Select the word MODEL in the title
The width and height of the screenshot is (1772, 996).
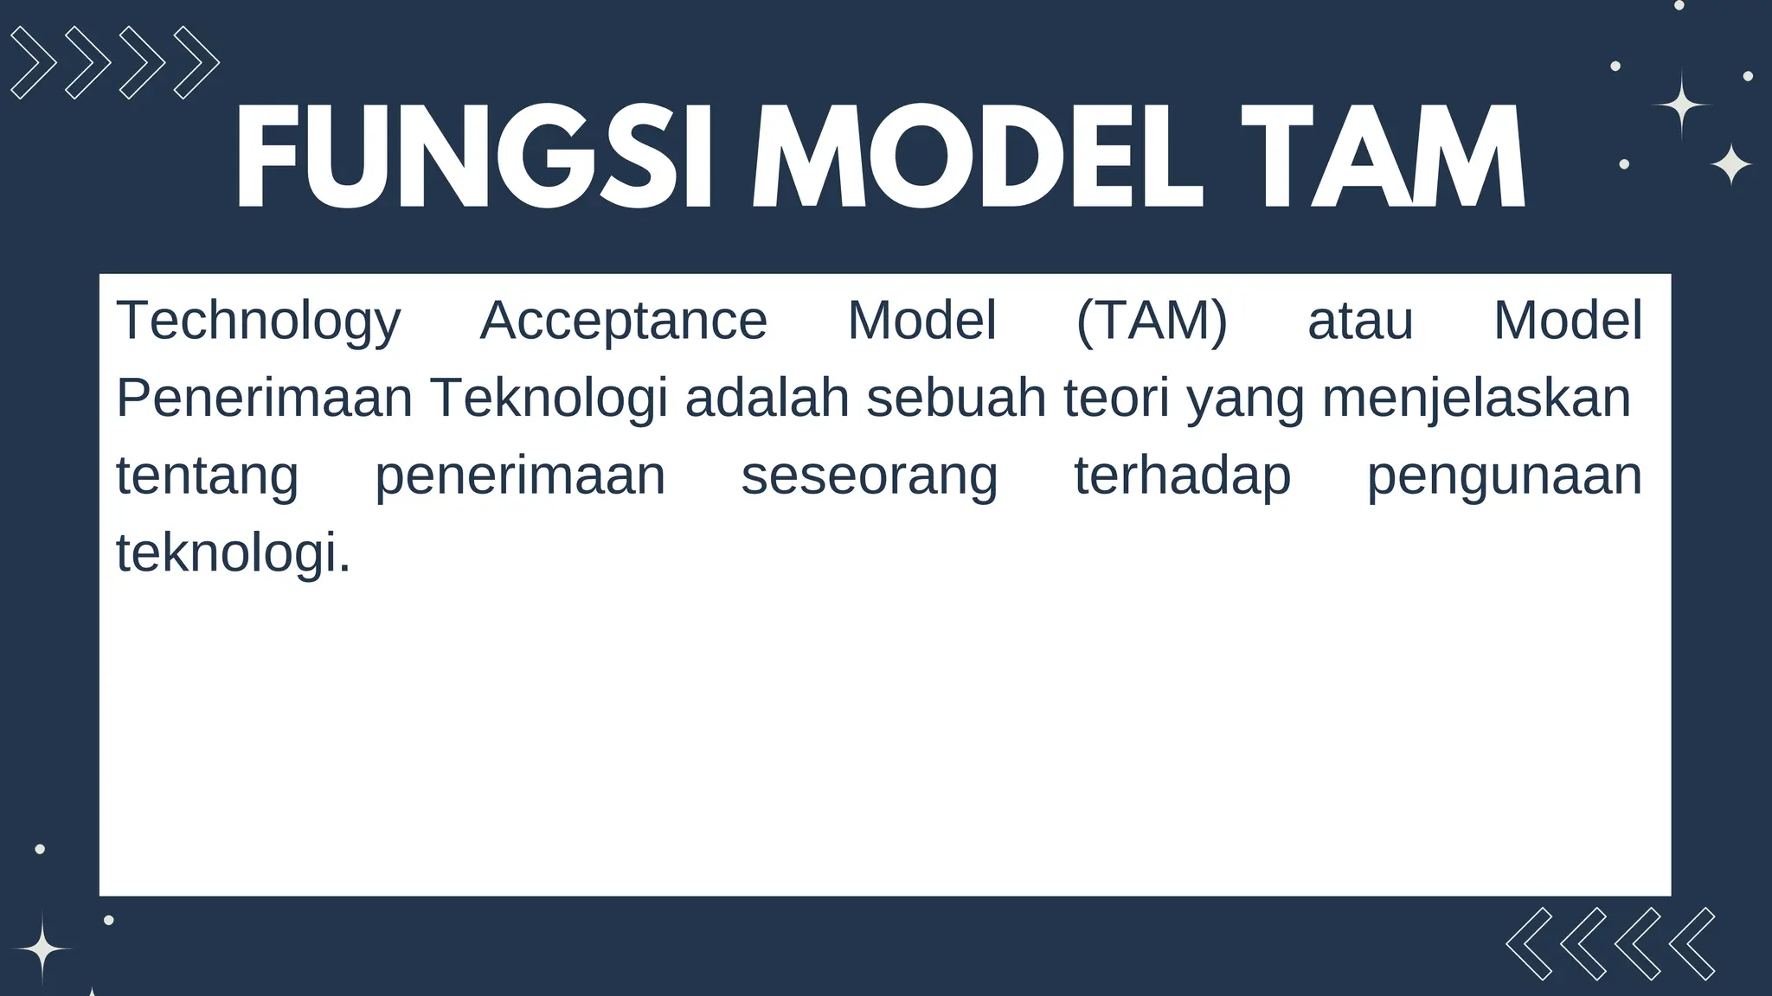978,158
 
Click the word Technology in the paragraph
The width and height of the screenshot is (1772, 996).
259,322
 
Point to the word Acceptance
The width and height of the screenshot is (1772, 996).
623,322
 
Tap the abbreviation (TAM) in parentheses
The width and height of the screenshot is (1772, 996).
1152,322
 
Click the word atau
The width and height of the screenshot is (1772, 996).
1360,322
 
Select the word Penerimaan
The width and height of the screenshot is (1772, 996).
264,399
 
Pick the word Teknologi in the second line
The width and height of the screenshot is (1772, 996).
549,399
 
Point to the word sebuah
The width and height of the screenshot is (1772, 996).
956,399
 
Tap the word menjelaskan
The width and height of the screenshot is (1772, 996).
1476,399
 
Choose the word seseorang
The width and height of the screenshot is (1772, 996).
870,476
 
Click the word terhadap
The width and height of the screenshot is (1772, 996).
1183,476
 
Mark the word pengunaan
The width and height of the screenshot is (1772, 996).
1504,476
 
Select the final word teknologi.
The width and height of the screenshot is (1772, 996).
234,553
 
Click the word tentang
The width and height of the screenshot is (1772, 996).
208,476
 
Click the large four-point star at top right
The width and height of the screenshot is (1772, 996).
1680,105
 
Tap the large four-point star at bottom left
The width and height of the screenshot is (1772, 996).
42,949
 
